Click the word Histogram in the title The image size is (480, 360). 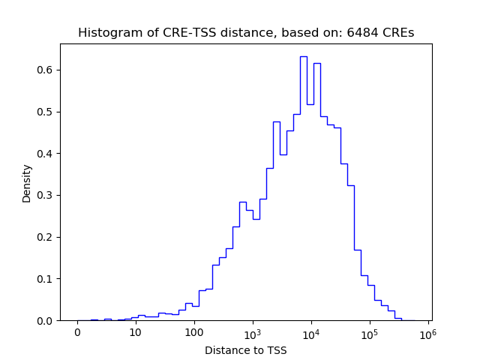[x=105, y=33]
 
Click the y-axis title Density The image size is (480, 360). [x=27, y=183]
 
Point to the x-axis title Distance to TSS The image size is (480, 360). [x=245, y=350]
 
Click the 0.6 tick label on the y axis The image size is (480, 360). [x=44, y=70]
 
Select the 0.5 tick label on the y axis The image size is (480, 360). [x=44, y=112]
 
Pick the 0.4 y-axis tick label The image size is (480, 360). [x=44, y=154]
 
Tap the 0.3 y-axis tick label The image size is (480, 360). [x=44, y=195]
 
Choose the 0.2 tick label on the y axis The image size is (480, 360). [x=44, y=237]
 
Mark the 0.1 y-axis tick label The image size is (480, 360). [x=44, y=279]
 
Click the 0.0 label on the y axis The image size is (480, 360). [x=44, y=321]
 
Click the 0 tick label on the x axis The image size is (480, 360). [x=77, y=332]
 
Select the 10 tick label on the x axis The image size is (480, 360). [x=135, y=332]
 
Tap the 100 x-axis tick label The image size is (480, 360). [x=193, y=332]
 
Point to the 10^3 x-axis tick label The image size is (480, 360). [x=252, y=331]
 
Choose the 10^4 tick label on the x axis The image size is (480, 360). [x=310, y=331]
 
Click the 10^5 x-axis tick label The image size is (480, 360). [x=369, y=331]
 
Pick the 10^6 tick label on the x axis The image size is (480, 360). [x=427, y=331]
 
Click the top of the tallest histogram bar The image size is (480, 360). [x=303, y=56]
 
